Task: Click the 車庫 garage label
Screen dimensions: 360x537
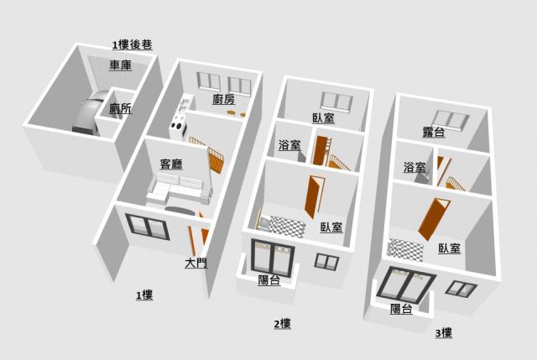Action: click(120, 65)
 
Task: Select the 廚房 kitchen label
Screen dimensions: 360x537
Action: click(223, 100)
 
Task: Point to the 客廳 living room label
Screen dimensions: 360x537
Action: click(172, 164)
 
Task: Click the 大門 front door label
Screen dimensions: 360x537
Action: click(196, 263)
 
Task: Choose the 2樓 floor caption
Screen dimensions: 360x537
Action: click(282, 323)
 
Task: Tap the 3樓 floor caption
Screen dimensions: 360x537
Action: click(444, 333)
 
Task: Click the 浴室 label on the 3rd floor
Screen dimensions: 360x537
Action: click(414, 168)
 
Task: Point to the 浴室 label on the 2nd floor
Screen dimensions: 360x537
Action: click(289, 145)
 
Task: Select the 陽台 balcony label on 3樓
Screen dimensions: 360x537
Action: click(402, 309)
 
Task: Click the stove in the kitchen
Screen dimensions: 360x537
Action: click(178, 128)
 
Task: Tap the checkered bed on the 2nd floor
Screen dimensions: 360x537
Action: click(285, 226)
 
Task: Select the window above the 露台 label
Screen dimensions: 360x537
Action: click(445, 117)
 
